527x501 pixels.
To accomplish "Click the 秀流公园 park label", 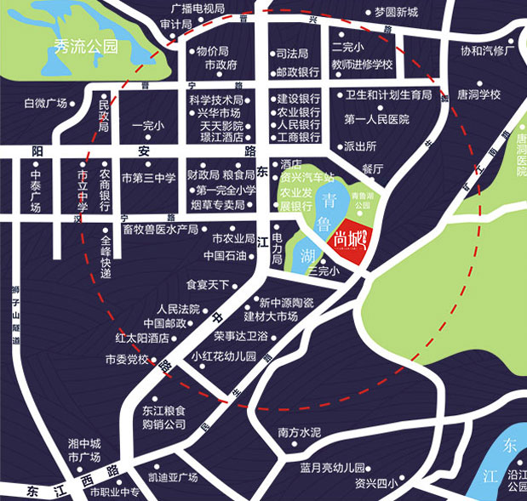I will point(86,47).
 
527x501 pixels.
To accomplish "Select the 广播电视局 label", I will point(198,9).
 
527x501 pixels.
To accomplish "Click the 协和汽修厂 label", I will point(489,50).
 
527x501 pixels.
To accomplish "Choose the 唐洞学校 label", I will point(478,94).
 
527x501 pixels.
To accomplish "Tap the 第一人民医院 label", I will point(377,120).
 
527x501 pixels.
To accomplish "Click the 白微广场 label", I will point(45,103).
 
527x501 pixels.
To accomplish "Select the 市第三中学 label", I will point(148,179).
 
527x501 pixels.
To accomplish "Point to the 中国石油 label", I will point(225,255).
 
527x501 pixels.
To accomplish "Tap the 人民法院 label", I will point(178,308).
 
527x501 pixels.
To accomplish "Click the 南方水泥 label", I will point(300,433).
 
